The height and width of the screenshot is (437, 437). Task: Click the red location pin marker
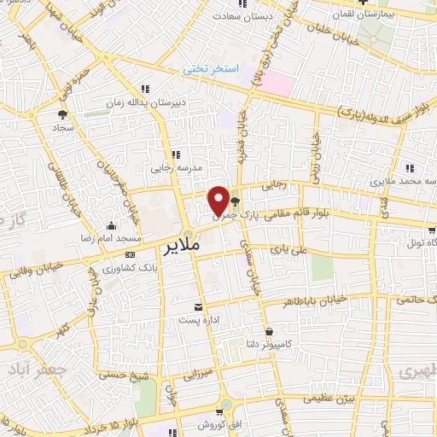[218, 200]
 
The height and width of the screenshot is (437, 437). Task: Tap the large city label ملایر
[181, 249]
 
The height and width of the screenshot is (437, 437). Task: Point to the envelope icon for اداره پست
[198, 306]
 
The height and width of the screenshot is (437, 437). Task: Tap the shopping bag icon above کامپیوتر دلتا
[270, 330]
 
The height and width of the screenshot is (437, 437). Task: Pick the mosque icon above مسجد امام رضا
[112, 225]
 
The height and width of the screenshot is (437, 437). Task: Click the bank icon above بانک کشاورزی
[129, 254]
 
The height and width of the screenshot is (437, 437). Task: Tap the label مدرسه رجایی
[175, 167]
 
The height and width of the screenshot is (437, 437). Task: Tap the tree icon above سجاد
[62, 114]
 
